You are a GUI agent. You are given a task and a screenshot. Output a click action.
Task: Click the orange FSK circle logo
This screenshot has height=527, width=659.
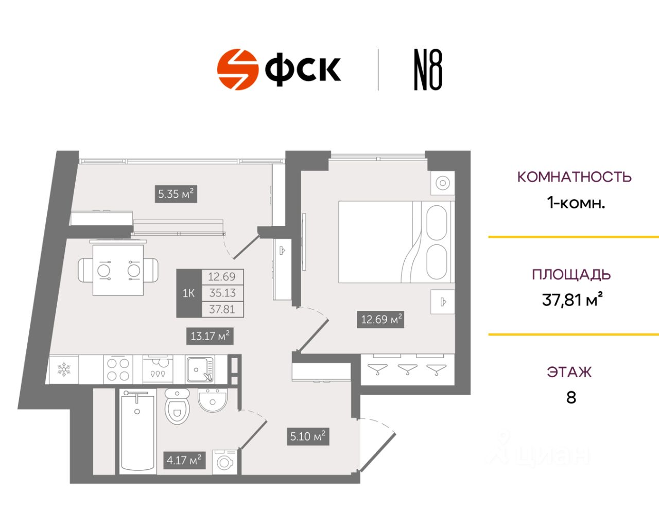point(237,69)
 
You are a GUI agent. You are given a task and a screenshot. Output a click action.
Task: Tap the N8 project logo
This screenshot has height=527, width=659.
point(428,70)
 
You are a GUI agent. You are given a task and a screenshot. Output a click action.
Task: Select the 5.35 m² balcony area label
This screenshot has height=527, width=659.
point(176,194)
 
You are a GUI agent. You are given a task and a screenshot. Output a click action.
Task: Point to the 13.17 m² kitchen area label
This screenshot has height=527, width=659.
point(210,336)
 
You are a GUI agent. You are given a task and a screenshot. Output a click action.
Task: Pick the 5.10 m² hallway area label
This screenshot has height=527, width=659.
point(308,436)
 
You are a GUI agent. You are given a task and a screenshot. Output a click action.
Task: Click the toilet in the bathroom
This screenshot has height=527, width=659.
point(178,406)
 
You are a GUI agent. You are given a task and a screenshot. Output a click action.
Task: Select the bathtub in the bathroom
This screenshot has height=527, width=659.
point(137,430)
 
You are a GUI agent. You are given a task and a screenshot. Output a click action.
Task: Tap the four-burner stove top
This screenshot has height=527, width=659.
point(118,370)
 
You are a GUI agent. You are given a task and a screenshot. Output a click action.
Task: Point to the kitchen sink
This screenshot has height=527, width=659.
point(200,370)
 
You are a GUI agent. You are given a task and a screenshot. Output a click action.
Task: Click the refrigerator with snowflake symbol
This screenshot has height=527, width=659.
point(64,370)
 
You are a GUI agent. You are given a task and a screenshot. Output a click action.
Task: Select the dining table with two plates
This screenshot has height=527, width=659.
point(118,270)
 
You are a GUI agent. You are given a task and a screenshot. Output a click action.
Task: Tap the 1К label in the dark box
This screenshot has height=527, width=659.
point(189,293)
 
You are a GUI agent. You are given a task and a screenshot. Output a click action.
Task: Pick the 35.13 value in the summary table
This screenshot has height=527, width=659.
point(222,293)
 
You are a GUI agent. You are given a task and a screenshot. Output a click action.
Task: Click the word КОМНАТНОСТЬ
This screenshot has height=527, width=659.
point(574,177)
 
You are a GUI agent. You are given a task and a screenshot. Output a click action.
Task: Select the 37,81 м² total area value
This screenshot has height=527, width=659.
point(572,300)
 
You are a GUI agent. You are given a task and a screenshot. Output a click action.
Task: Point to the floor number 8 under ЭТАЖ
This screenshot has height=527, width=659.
point(571,397)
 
